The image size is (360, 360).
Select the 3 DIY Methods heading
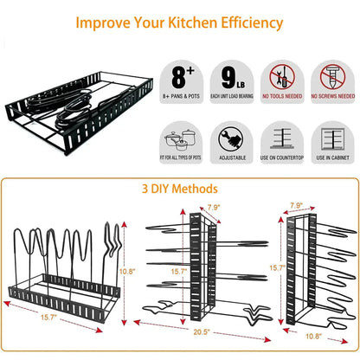pyautogui.click(x=179, y=189)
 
